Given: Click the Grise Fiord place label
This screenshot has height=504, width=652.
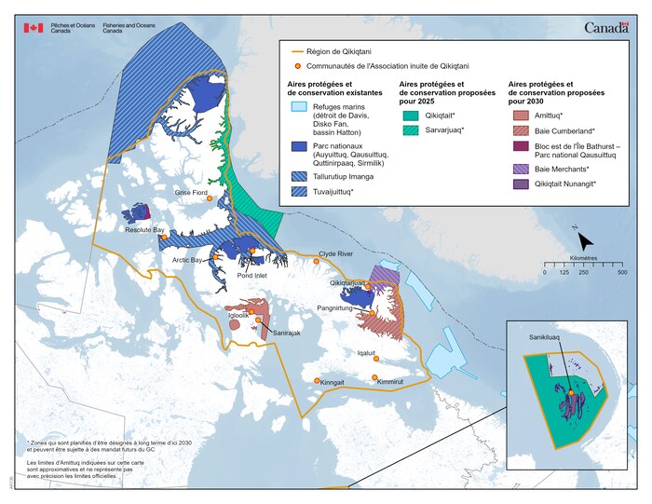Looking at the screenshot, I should (x=191, y=192).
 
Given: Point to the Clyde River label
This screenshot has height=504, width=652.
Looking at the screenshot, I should (x=336, y=253).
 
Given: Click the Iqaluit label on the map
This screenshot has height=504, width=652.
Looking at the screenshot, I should (x=370, y=354).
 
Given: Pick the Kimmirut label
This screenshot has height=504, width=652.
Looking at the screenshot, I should (x=391, y=382).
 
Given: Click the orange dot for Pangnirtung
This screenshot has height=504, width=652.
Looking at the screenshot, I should (x=372, y=314).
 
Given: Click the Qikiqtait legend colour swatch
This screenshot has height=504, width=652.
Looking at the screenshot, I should (x=411, y=117).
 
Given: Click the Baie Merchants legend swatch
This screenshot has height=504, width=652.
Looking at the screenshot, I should (x=520, y=169).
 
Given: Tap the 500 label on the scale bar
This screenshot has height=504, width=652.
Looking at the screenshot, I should (x=622, y=273).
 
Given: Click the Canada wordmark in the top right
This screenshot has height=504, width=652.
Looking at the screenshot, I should (x=609, y=28).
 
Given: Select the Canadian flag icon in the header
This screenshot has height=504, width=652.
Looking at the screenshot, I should (x=34, y=28).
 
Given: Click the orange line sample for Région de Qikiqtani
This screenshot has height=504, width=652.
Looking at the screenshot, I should (x=298, y=51).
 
